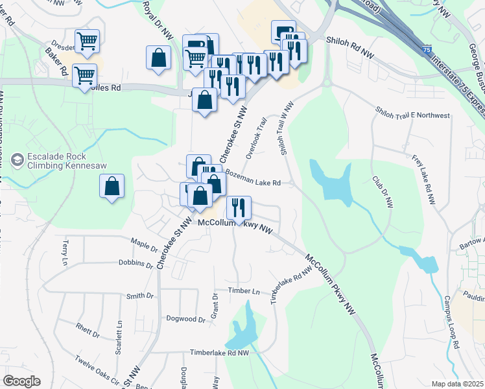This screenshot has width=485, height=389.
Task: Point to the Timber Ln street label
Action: tap(243, 291)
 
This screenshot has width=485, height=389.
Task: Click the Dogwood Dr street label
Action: tap(185, 319)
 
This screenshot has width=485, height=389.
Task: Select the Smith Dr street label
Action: tap(139, 296)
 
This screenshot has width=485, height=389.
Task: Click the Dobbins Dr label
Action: tap(135, 263)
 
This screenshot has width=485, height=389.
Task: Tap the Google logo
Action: tap(21, 381)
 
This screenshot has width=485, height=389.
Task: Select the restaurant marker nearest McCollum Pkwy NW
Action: tap(239, 207)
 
